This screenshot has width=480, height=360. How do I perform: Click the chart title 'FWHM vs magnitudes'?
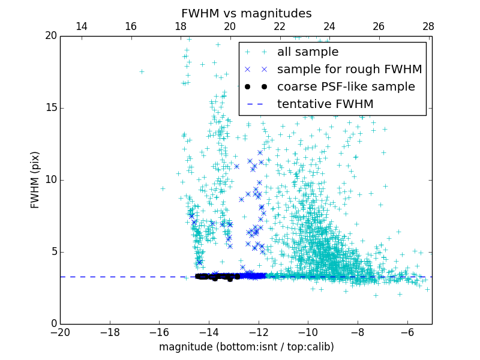tap(246, 13)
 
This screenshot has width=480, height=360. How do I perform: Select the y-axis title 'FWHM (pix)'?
tap(35, 179)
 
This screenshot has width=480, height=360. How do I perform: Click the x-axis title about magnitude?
tap(246, 347)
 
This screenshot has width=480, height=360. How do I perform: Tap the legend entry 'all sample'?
tap(308, 52)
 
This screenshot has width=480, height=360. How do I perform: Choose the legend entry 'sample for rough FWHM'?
tap(349, 69)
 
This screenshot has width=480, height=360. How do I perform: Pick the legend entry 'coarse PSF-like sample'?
tap(346, 86)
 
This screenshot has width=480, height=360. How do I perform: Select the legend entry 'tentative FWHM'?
tap(325, 104)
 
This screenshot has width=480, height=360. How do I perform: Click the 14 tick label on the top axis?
tap(82, 26)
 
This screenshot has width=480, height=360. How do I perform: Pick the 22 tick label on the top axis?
tap(280, 26)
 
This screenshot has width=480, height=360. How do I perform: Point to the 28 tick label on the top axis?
tap(428, 26)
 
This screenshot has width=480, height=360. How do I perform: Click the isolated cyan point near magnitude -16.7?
tap(142, 71)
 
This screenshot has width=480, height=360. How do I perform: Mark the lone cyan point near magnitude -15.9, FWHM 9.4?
tap(162, 188)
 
